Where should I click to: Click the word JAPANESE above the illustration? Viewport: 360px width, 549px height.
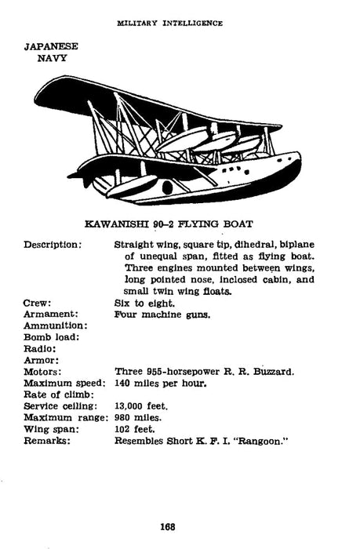52,46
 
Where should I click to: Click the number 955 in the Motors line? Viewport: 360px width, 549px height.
158,372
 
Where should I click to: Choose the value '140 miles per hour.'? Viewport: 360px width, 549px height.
161,384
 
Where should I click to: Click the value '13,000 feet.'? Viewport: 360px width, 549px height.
141,406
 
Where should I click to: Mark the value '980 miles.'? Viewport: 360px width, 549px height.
139,418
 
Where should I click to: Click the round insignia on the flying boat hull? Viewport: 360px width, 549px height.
166,187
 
